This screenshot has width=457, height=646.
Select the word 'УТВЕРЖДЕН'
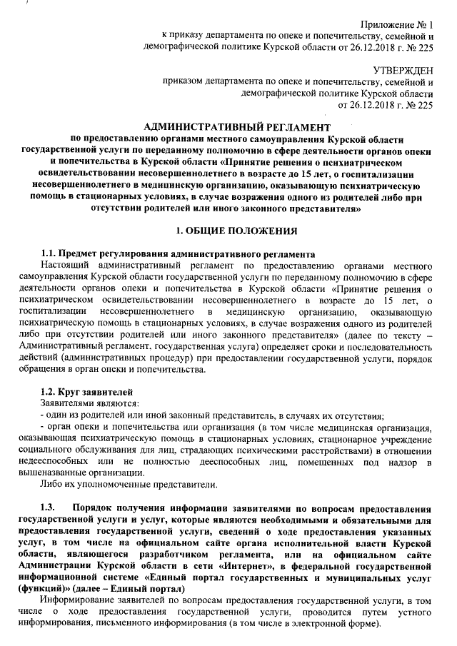[403, 69]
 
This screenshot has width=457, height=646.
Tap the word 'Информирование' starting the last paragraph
[79, 600]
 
